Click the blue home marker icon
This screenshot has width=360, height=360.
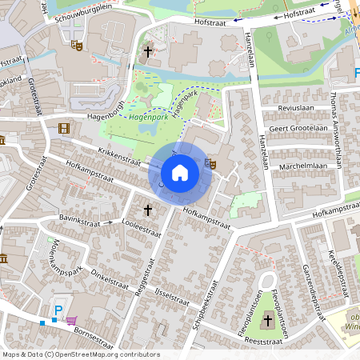[180, 173]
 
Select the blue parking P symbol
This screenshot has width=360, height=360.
[58, 310]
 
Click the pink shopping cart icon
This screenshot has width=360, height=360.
[72, 320]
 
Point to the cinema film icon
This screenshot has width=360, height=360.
[63, 128]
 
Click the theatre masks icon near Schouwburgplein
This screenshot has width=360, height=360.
[78, 46]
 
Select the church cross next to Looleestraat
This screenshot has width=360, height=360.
[147, 210]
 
